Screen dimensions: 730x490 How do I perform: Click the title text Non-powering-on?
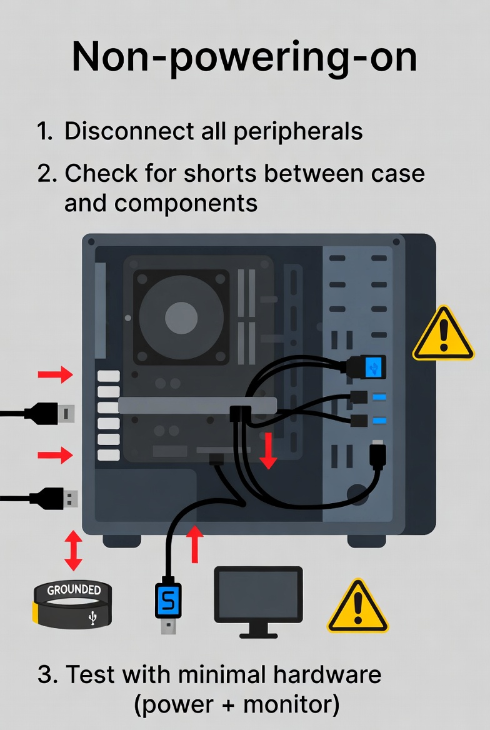[x=244, y=57]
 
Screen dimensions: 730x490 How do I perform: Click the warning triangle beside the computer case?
[x=443, y=335]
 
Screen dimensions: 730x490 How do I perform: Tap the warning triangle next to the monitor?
[x=357, y=607]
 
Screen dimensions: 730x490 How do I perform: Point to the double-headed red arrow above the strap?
[x=73, y=550]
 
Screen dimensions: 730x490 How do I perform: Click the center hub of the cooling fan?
[x=181, y=317]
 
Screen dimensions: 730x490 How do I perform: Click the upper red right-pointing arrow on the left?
[x=55, y=375]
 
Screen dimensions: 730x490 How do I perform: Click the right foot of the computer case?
[x=366, y=541]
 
